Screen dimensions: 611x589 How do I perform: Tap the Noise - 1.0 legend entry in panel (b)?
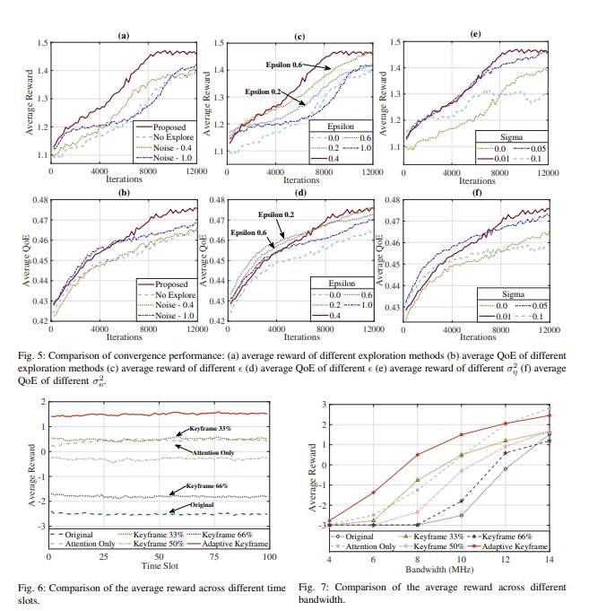pyautogui.click(x=169, y=319)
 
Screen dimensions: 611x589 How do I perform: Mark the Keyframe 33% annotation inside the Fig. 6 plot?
pyautogui.click(x=212, y=429)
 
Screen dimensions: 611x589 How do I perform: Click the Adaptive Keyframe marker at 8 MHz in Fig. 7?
pyautogui.click(x=416, y=455)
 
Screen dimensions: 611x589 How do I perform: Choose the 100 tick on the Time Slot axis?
pyautogui.click(x=268, y=557)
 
